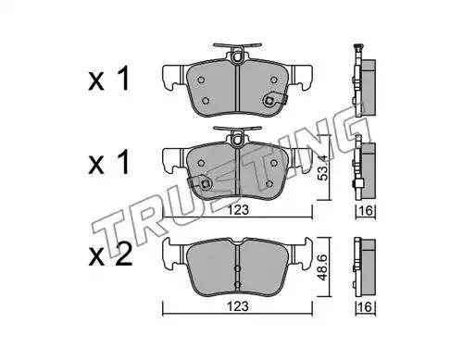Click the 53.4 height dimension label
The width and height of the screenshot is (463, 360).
coord(322,168)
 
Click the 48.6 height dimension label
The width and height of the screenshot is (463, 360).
coord(322,267)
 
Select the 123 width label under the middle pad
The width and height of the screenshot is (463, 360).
coord(238,210)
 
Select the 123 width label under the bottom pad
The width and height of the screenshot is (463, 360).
coord(238,306)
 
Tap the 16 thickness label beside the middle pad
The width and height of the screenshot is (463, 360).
coord(366,211)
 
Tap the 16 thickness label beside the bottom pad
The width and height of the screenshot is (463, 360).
coord(366,307)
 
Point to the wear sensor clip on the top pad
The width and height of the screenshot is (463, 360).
coord(273,100)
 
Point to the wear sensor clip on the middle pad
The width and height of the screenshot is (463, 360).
coord(200,183)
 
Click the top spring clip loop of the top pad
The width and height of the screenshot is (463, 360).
coord(237,56)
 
